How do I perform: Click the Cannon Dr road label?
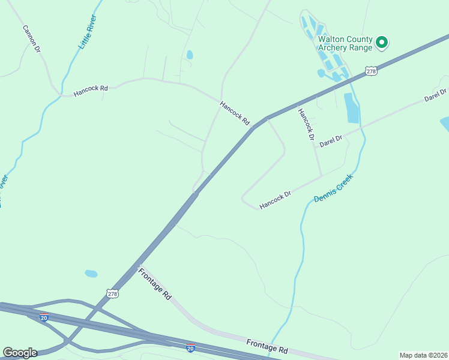click(31, 38)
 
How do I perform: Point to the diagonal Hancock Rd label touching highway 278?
click(234, 112)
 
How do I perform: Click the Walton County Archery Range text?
click(345, 43)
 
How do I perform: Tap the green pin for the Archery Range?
click(381, 43)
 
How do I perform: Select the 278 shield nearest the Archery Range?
click(372, 71)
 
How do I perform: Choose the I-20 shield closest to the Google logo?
click(44, 317)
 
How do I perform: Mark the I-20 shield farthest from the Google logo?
click(190, 347)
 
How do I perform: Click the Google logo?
click(20, 353)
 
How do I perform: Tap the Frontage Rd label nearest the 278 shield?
click(155, 284)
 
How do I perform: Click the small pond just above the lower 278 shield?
click(91, 274)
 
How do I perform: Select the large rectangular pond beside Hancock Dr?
click(351, 108)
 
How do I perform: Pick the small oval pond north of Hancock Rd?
click(190, 55)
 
